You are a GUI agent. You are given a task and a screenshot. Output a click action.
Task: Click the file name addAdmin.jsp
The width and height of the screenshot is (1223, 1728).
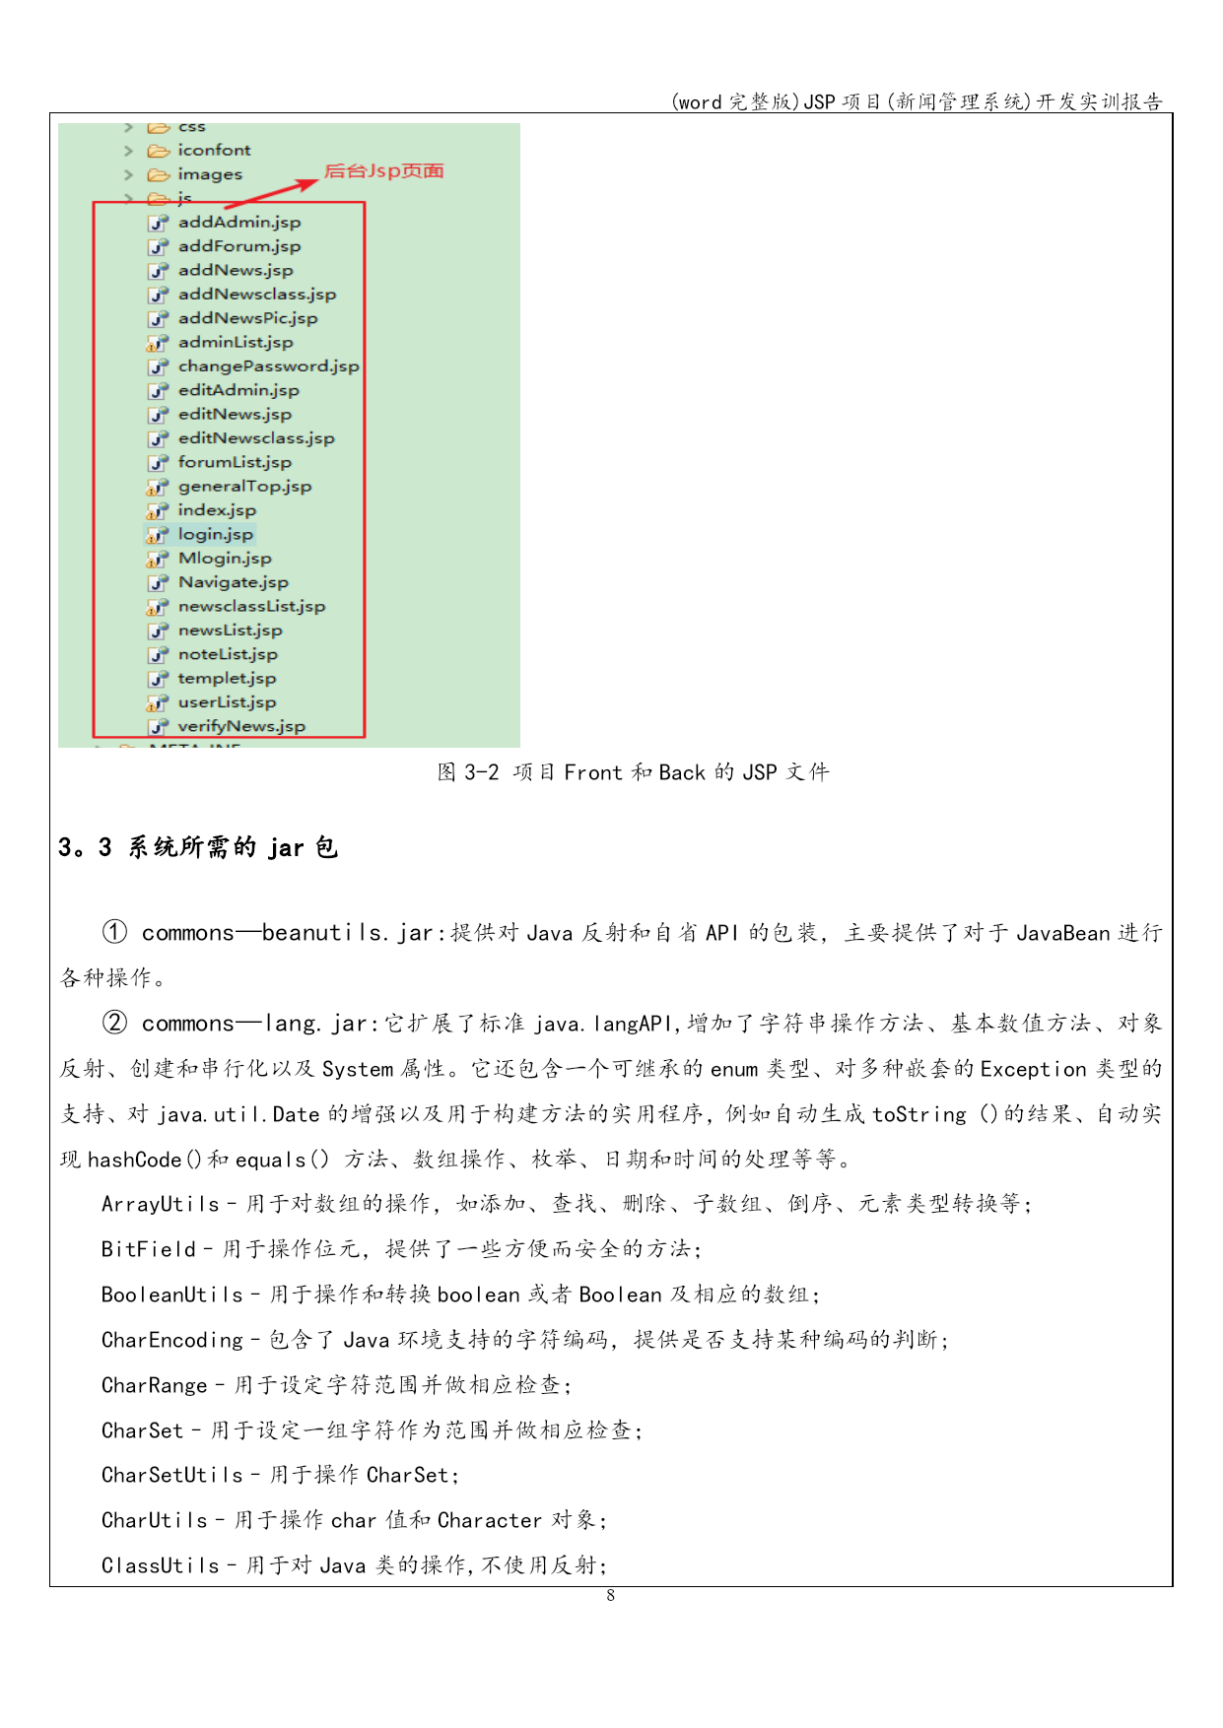[x=239, y=223]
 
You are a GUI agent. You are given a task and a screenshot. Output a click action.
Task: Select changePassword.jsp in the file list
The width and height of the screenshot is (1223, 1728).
[x=268, y=366]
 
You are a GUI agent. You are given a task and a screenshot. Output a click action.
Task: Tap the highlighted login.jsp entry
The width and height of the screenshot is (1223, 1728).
[x=215, y=535]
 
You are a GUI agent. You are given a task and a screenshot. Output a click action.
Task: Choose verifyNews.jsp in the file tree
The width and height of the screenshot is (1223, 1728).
[x=241, y=727]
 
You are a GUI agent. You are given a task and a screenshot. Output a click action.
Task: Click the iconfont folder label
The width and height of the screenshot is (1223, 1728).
[x=214, y=151]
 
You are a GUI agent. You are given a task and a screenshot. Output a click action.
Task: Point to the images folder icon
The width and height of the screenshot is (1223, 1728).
[x=158, y=175]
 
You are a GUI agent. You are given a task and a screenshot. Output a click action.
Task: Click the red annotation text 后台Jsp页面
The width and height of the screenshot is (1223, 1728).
[x=383, y=171]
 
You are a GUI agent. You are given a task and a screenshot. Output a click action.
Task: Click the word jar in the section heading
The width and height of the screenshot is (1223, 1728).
[x=286, y=848]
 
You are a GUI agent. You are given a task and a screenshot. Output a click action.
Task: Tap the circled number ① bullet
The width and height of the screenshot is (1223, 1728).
[x=114, y=932]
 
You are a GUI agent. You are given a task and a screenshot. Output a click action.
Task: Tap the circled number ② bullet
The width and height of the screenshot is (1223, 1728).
[x=114, y=1023]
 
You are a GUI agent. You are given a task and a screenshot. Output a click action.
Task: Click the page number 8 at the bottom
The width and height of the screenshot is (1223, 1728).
[x=611, y=1596]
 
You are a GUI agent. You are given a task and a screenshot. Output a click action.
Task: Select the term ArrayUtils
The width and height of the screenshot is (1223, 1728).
[x=160, y=1204]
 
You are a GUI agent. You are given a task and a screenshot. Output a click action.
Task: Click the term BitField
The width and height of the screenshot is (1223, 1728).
[x=148, y=1249]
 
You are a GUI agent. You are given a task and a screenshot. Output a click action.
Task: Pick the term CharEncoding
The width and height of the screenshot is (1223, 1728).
[x=171, y=1340]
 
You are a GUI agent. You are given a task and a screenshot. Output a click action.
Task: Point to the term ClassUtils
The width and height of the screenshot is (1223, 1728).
[x=160, y=1565]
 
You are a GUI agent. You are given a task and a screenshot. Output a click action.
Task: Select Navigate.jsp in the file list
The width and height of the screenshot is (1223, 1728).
[x=233, y=583]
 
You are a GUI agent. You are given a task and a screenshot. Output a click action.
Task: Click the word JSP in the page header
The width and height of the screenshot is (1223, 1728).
[x=819, y=102]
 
